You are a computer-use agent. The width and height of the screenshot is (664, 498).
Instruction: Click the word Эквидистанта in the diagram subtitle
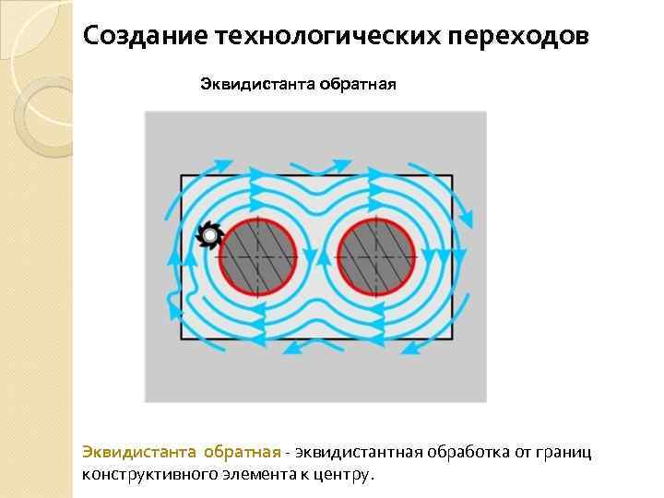pos(257,86)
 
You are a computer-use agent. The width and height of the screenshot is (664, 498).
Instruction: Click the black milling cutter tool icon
pos(209,237)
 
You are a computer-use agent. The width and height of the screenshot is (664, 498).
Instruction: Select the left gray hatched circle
pos(258,255)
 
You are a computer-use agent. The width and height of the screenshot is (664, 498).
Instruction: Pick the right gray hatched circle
pos(375,255)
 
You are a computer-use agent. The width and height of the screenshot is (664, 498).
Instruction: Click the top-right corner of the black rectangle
pos(452,175)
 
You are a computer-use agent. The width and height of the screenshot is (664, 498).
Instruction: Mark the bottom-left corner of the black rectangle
pos(181,339)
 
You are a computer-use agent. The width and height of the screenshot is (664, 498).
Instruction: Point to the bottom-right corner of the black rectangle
pos(452,339)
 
